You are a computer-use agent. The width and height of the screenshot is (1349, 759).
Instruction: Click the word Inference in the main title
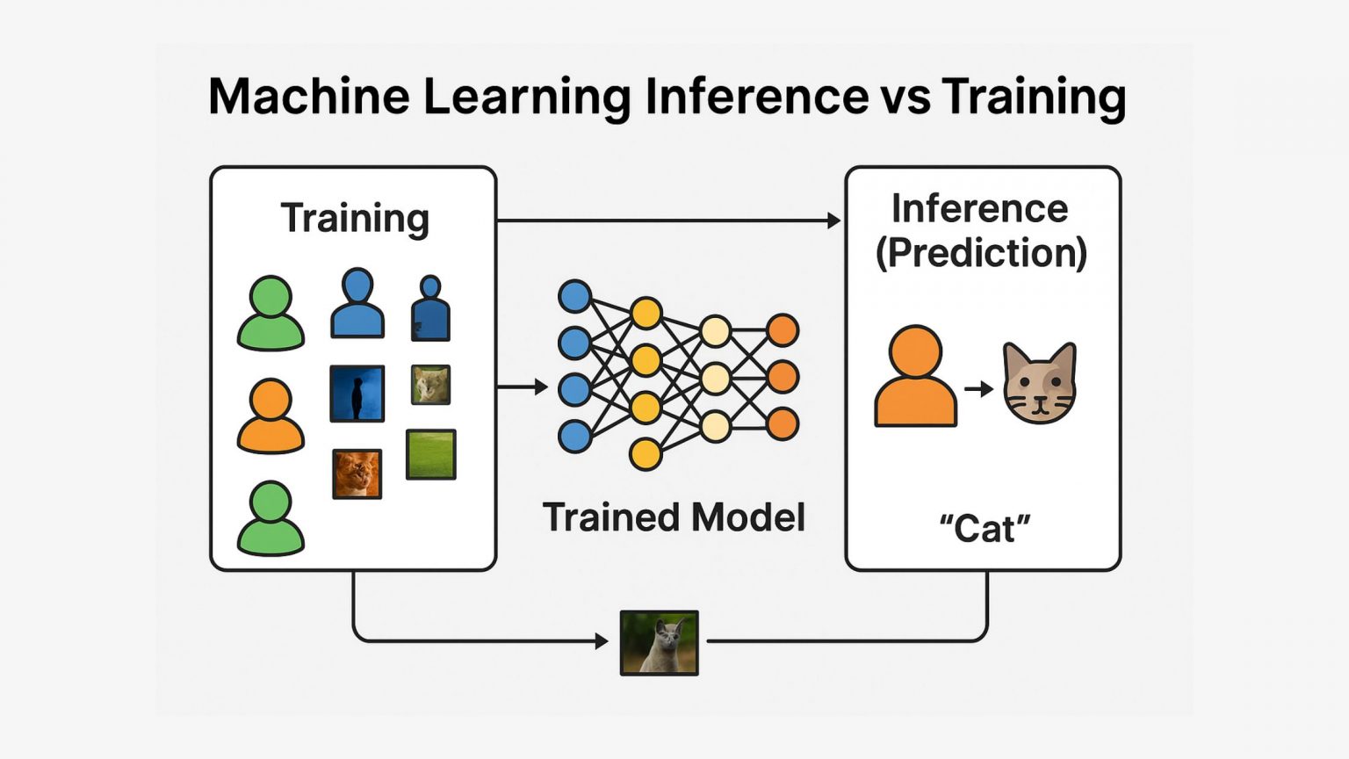[756, 96]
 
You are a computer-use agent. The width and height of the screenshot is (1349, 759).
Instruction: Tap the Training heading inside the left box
[355, 218]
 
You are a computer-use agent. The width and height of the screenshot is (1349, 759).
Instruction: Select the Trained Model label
[674, 517]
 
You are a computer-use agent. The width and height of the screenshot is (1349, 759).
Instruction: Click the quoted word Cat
[985, 529]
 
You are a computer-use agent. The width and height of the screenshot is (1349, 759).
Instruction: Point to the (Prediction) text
[981, 253]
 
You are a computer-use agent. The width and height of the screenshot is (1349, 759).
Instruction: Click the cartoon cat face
[1040, 384]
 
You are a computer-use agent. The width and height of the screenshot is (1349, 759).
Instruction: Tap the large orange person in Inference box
[915, 378]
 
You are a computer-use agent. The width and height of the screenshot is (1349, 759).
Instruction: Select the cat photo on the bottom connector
[659, 643]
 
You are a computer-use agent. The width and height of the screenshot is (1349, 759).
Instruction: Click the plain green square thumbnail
[430, 454]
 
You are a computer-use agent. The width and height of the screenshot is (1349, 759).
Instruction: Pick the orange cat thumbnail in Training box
[357, 473]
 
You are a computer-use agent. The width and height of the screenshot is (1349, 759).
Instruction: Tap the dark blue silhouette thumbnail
[357, 394]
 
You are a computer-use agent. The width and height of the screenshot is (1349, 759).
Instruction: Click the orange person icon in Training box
[271, 416]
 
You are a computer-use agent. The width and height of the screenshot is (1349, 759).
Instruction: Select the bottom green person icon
[271, 518]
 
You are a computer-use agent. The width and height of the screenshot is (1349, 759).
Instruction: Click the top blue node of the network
[574, 297]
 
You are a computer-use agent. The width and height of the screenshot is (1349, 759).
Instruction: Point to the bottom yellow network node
[646, 454]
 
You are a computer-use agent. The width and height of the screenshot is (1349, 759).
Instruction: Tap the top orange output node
[782, 330]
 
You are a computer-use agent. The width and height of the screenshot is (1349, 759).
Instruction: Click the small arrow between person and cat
[978, 388]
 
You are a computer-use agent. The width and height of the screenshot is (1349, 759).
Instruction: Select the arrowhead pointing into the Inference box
[834, 220]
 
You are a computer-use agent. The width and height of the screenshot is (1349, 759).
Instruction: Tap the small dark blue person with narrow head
[430, 309]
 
